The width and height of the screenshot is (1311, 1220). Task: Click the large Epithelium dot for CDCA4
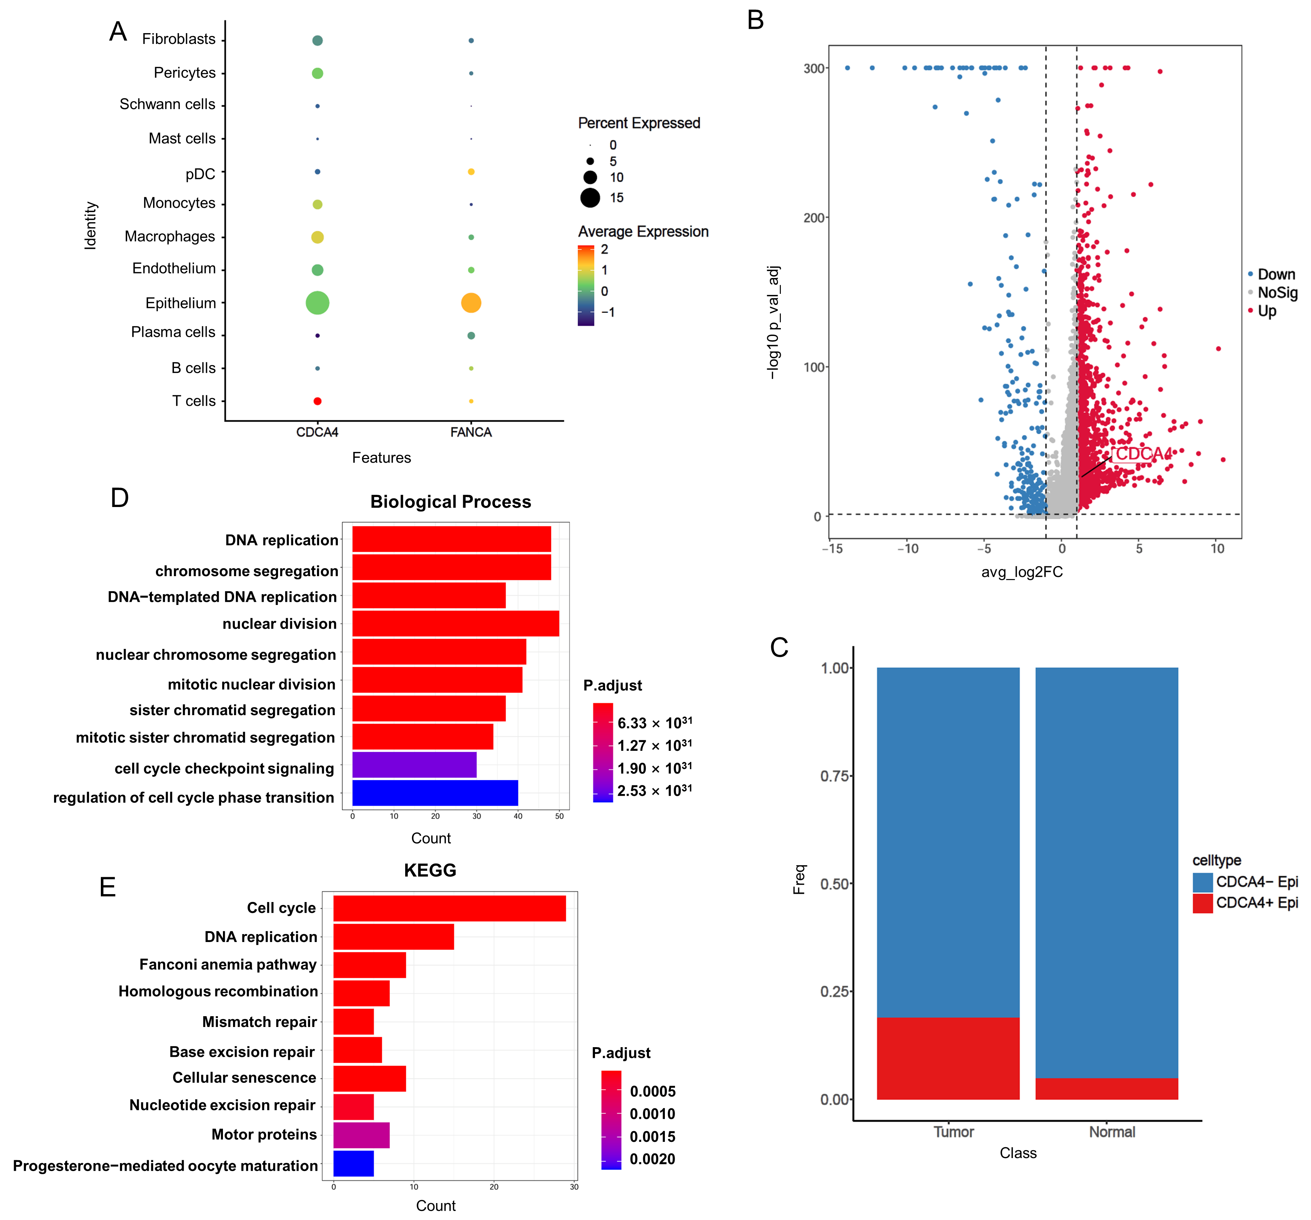point(317,303)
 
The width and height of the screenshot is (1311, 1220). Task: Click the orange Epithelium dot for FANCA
point(471,303)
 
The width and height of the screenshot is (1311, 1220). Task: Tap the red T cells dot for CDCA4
point(317,401)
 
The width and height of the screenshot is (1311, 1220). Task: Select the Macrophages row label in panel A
point(170,237)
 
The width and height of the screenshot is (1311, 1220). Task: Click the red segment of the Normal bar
point(1106,1089)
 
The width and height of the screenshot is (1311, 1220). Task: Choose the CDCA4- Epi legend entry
point(1256,882)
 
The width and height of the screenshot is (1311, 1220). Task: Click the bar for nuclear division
point(455,624)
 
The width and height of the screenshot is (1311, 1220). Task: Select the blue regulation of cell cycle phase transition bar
point(435,793)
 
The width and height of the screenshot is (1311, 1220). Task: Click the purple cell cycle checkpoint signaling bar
point(414,765)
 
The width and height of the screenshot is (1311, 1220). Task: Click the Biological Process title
point(451,502)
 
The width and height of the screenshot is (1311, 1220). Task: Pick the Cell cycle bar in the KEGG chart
point(449,908)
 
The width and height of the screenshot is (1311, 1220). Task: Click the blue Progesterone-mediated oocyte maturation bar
point(353,1164)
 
